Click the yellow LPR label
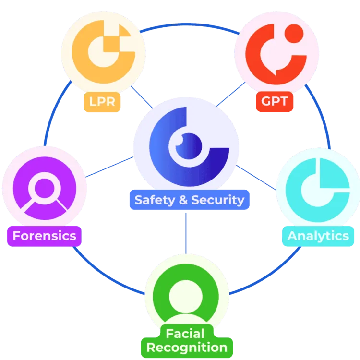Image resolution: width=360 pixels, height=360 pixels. pyautogui.click(x=102, y=101)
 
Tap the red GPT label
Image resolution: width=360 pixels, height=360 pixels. pyautogui.click(x=275, y=101)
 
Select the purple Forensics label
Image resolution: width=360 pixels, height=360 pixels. pyautogui.click(x=44, y=236)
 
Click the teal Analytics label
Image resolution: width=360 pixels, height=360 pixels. pyautogui.click(x=318, y=236)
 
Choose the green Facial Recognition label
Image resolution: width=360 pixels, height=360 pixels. pyautogui.click(x=187, y=340)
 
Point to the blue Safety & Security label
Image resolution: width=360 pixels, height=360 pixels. pyautogui.click(x=189, y=200)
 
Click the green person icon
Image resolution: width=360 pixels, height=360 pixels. pyautogui.click(x=186, y=298)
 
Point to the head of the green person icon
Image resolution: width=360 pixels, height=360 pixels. pyautogui.click(x=186, y=291)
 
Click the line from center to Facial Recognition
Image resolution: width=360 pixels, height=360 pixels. pyautogui.click(x=185, y=233)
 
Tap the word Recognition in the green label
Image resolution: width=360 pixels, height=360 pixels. pyautogui.click(x=187, y=348)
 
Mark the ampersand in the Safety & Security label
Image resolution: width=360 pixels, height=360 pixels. pyautogui.click(x=182, y=200)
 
